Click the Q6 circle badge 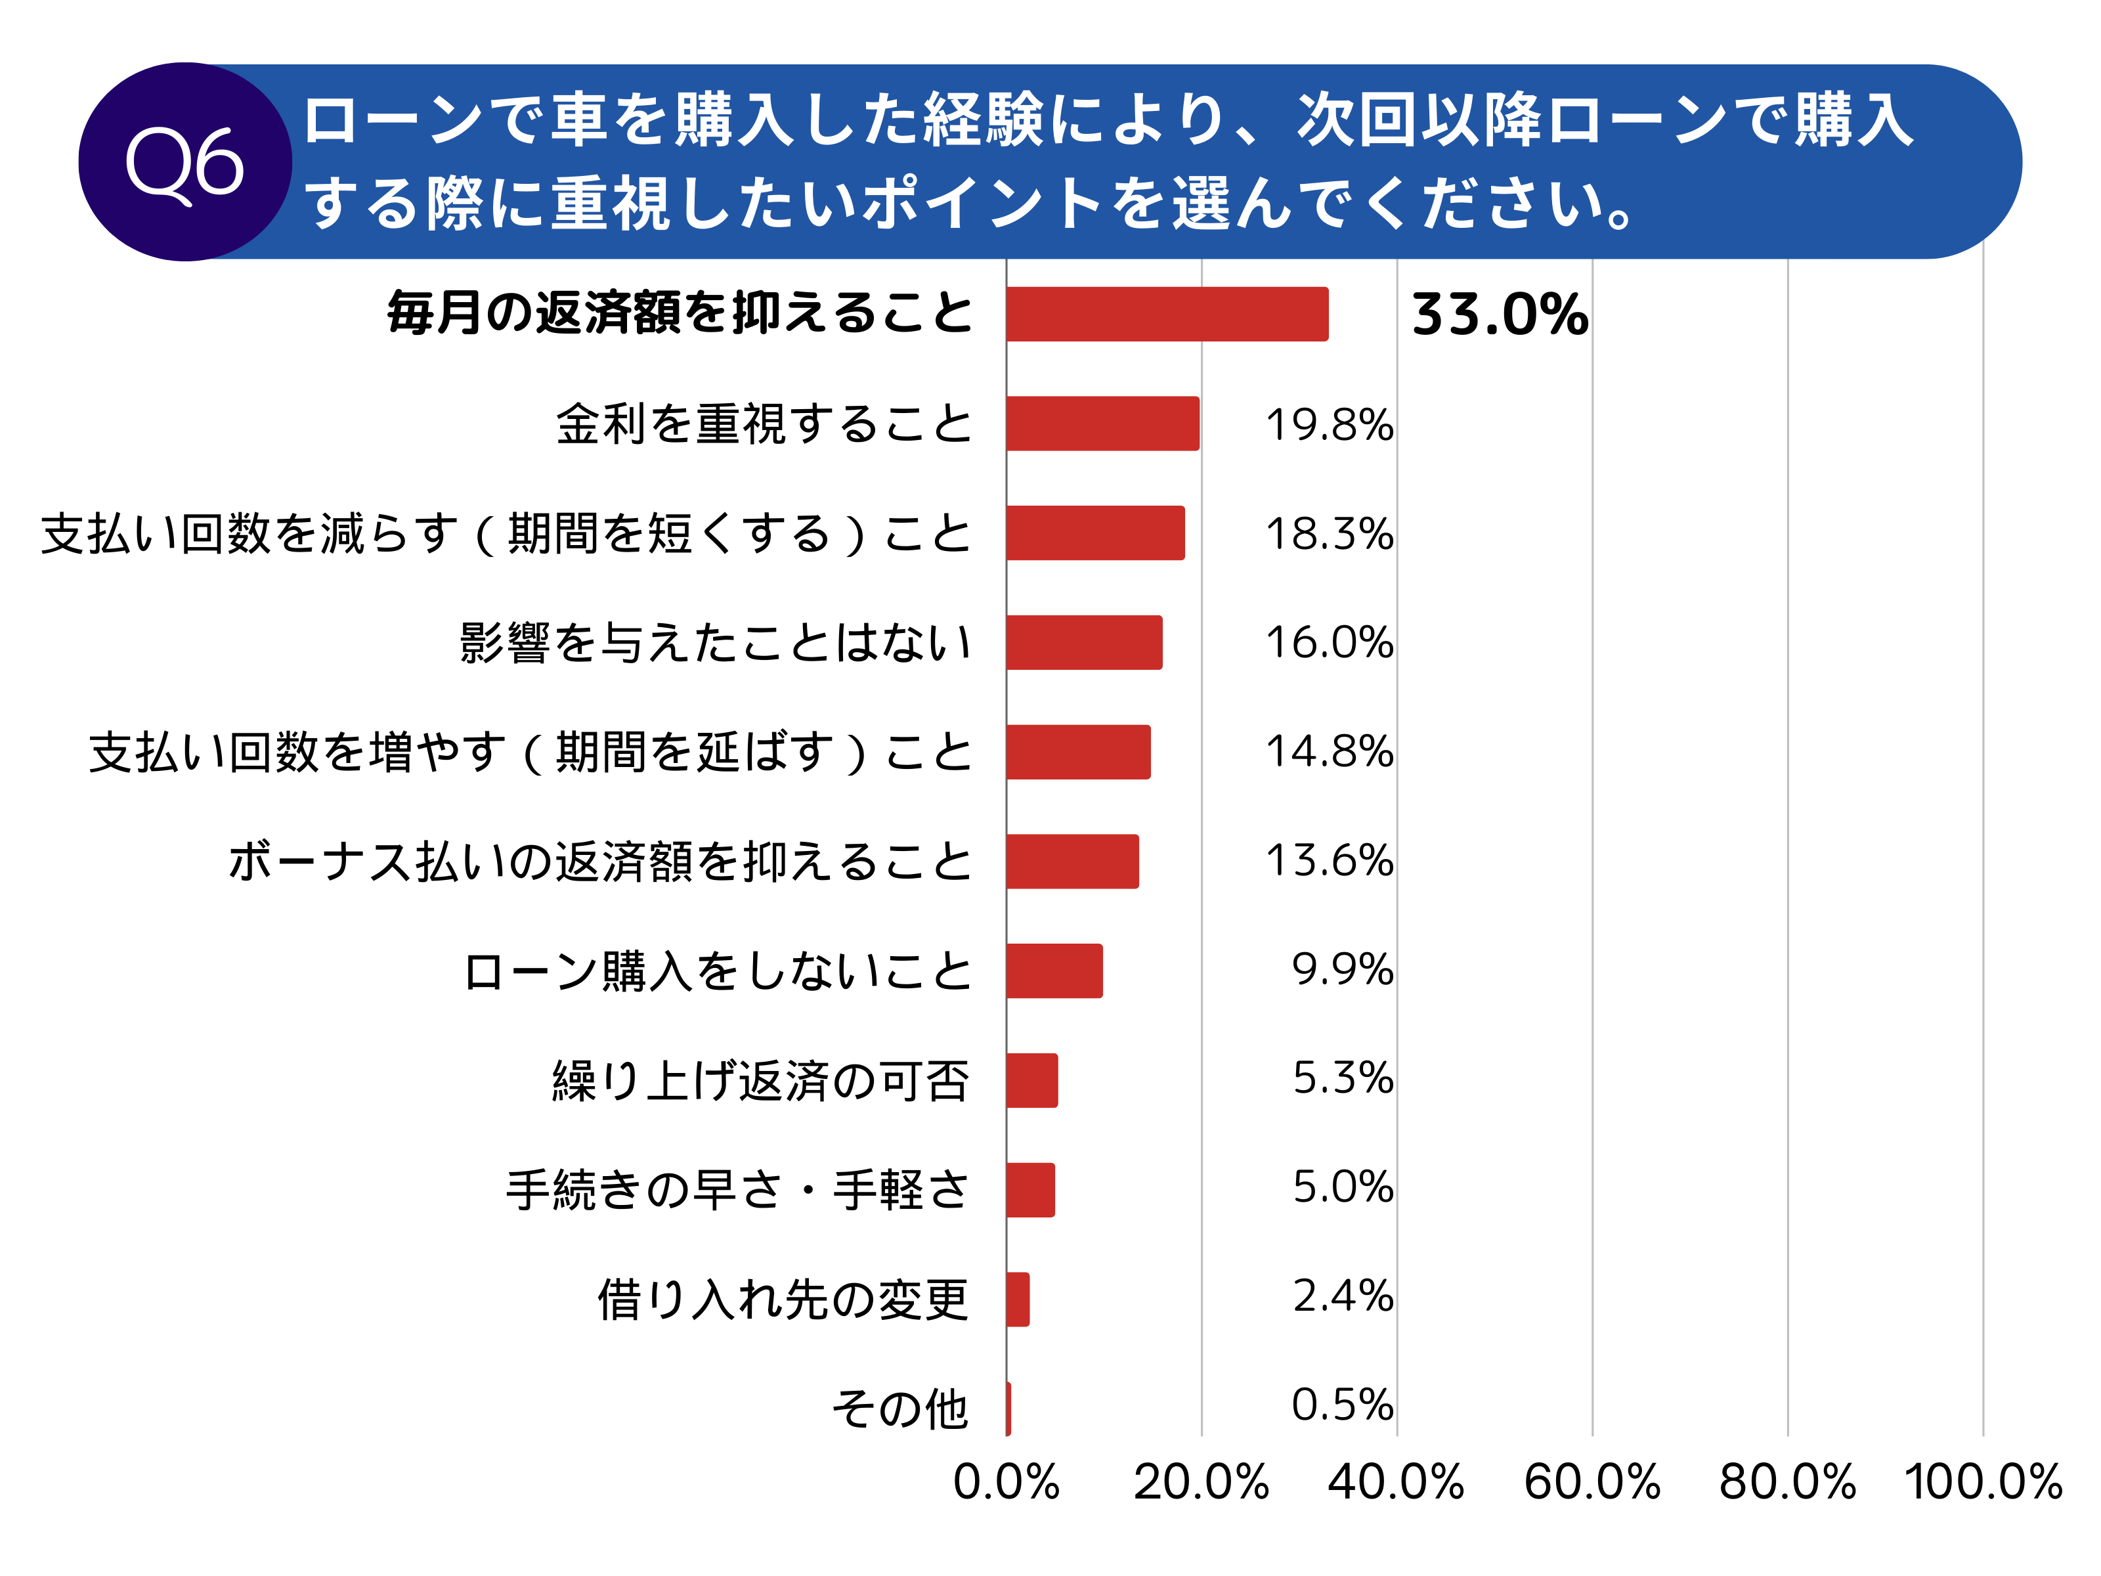coord(185,162)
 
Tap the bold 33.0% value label coord(1499,315)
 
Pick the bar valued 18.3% coord(1095,533)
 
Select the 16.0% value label coord(1329,642)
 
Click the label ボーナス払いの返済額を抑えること coord(600,862)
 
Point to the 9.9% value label coord(1342,970)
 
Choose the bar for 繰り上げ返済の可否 coord(1031,1080)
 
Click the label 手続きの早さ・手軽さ coord(737,1189)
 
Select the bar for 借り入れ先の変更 coord(1017,1299)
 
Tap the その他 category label coord(899,1408)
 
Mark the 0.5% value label coord(1342,1405)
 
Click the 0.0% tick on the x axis coord(1006,1482)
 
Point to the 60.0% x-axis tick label coord(1592,1482)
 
